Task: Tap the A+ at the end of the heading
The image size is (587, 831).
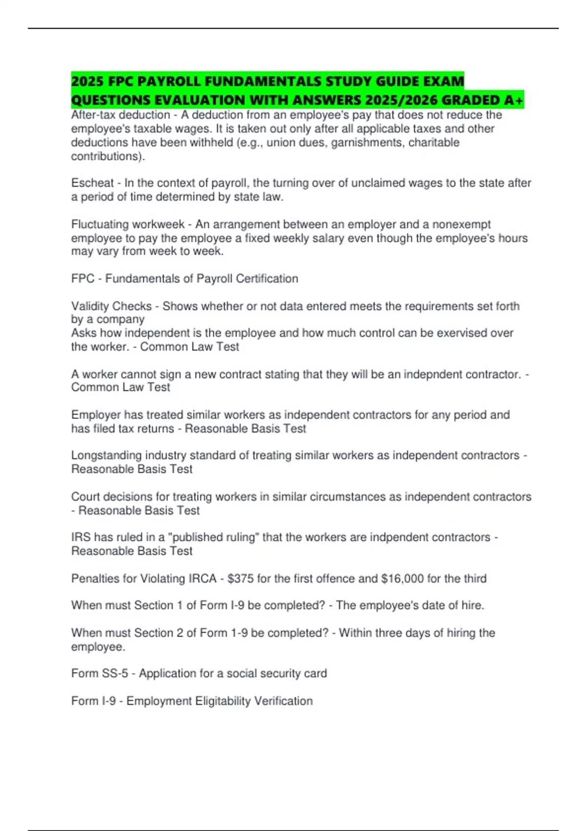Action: click(513, 100)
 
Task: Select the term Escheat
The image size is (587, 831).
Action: click(92, 183)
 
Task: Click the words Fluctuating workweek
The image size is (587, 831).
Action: click(128, 224)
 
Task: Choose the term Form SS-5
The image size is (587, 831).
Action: click(99, 674)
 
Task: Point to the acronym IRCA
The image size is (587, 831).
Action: click(203, 579)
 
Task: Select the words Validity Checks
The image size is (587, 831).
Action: click(112, 306)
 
